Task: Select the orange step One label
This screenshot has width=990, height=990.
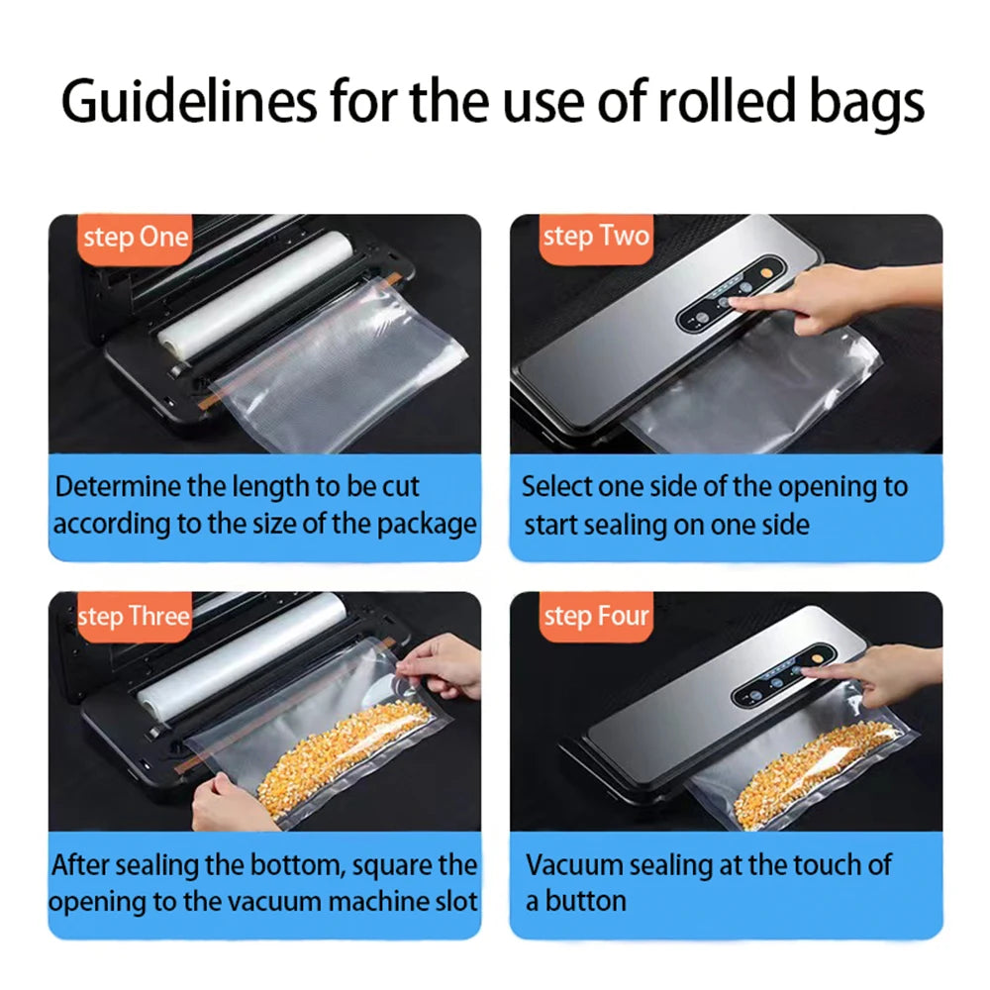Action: click(135, 238)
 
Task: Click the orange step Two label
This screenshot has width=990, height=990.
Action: click(596, 237)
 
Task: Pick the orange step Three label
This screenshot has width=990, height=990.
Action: click(133, 617)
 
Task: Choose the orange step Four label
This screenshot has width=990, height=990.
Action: click(596, 617)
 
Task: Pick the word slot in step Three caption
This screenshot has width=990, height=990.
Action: click(456, 902)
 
